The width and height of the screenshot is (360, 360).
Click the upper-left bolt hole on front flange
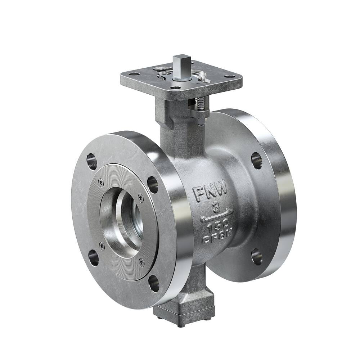[92, 161]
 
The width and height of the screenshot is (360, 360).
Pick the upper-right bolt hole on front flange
[153, 184]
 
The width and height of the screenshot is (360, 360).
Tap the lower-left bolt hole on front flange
[93, 258]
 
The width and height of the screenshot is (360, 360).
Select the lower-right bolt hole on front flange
[154, 283]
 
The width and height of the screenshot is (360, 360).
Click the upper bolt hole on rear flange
[256, 160]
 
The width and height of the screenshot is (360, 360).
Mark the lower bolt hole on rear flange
[257, 256]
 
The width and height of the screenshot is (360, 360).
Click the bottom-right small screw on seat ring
[141, 262]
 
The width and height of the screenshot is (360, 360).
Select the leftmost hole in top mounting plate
[134, 74]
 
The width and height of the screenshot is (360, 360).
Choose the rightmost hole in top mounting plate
[229, 76]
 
